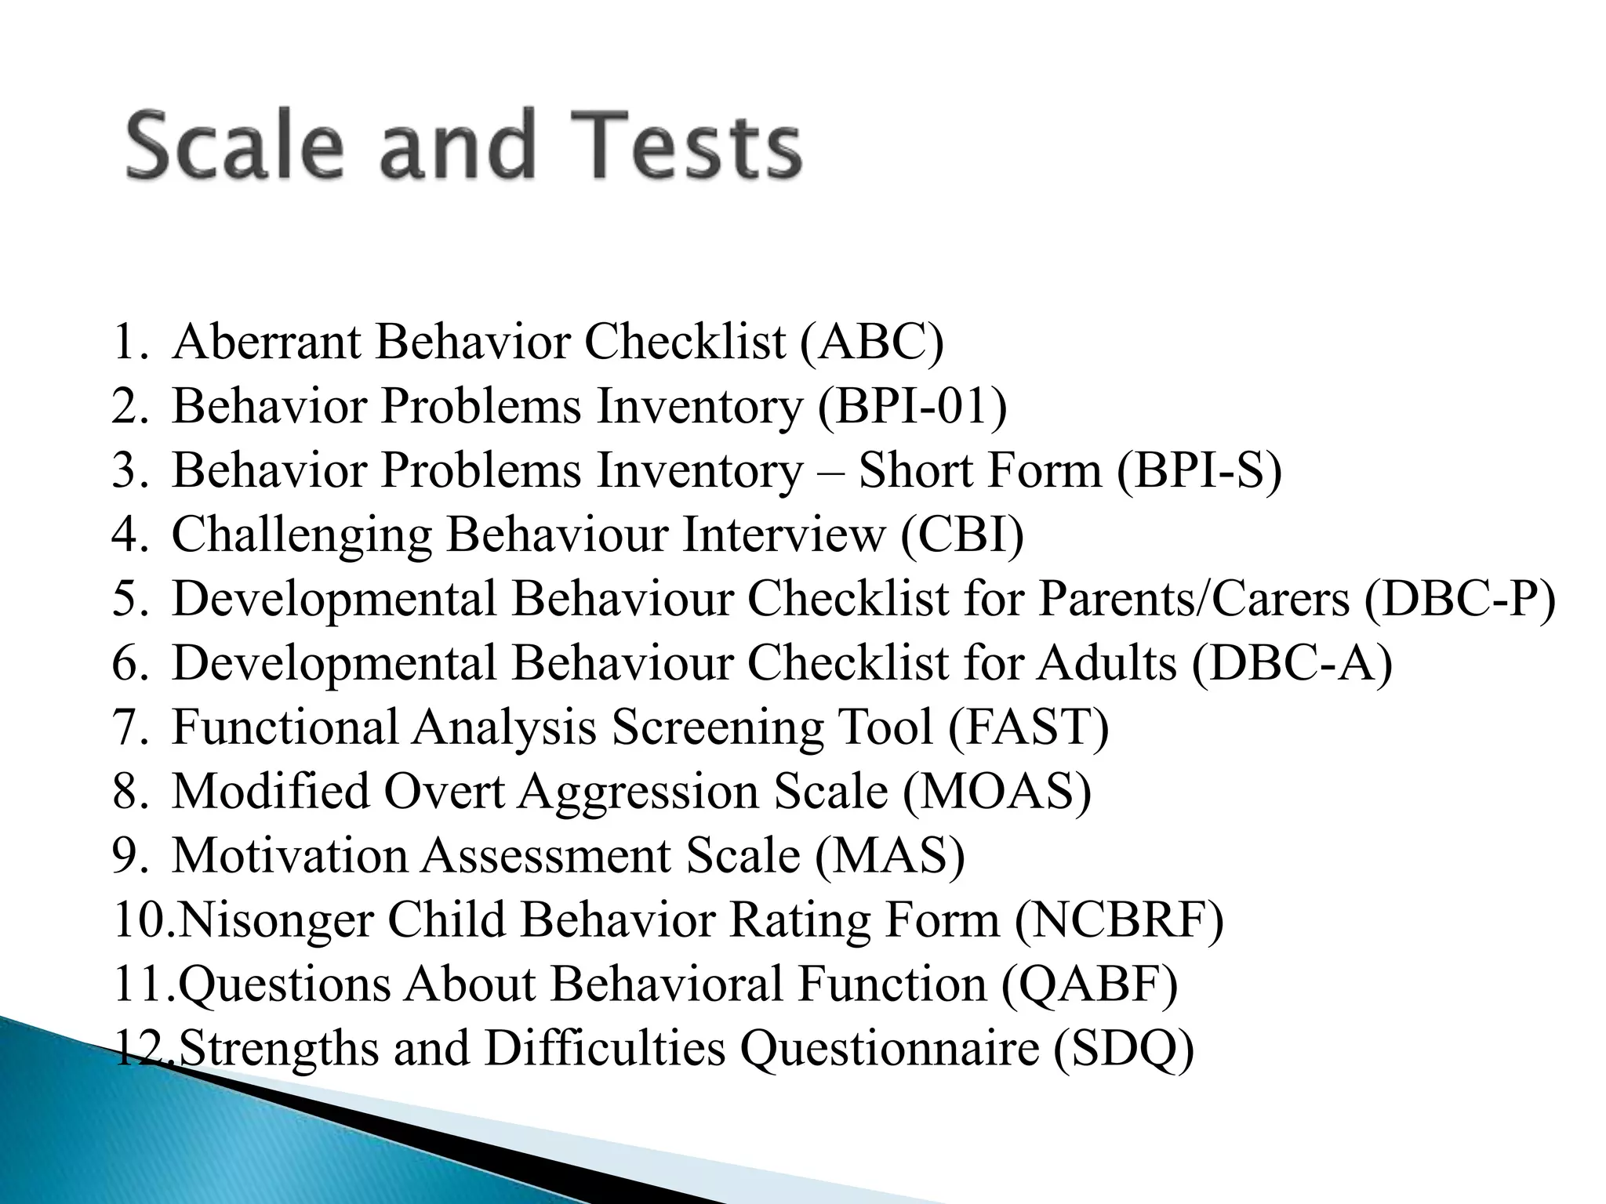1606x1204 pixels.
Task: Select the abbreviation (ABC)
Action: tap(872, 343)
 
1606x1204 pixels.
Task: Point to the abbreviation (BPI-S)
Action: tap(1199, 471)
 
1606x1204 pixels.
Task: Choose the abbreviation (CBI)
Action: tap(962, 535)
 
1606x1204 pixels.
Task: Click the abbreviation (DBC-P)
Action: tap(1459, 600)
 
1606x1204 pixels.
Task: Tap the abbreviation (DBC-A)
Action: tap(1292, 664)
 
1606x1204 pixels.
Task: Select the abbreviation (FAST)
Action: tap(1028, 727)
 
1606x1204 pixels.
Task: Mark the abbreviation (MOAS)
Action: tap(997, 792)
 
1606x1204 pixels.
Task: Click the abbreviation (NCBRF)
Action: tap(1119, 920)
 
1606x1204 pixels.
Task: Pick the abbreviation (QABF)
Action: tap(1089, 985)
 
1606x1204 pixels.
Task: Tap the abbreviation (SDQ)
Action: tap(1123, 1049)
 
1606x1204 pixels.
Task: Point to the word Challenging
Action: tap(301, 535)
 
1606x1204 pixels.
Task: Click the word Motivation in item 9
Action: tap(289, 856)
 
